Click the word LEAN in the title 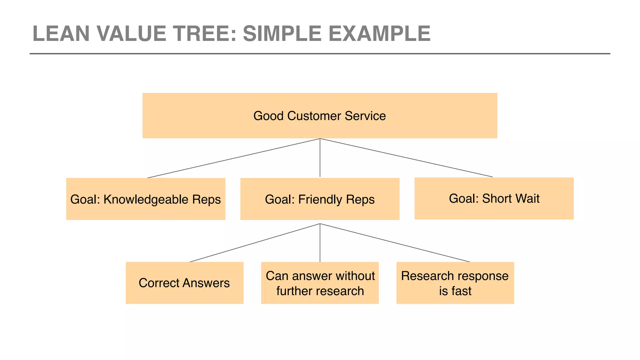61,33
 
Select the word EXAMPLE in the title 379,33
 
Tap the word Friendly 320,199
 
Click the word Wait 527,199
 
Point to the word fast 462,291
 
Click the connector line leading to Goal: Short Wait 406,158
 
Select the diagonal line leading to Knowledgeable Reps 234,158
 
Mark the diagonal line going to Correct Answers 255,243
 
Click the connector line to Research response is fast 395,243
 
